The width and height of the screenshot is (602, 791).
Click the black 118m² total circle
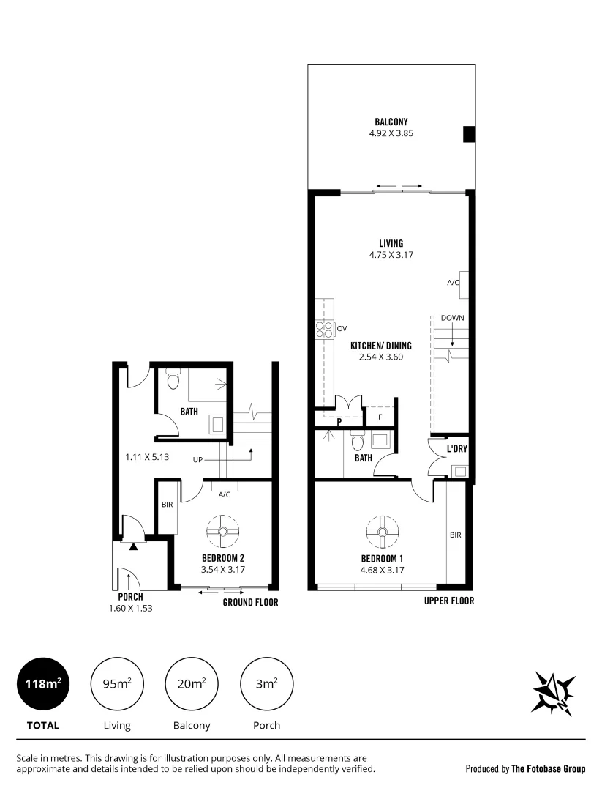pyautogui.click(x=42, y=684)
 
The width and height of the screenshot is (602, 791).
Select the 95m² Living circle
pyautogui.click(x=116, y=684)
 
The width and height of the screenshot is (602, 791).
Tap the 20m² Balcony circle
pyautogui.click(x=191, y=684)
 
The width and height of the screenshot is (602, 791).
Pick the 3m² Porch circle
pyautogui.click(x=266, y=684)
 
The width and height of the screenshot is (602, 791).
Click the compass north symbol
pyautogui.click(x=553, y=691)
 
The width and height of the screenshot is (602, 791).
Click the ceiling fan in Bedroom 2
pyautogui.click(x=222, y=532)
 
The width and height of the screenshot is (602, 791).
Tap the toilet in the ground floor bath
pyautogui.click(x=173, y=380)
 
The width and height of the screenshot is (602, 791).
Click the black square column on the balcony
pyautogui.click(x=469, y=135)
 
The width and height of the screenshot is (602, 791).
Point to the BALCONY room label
pyautogui.click(x=391, y=122)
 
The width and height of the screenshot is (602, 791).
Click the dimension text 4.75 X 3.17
pyautogui.click(x=391, y=255)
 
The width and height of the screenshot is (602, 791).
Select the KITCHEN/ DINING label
pyautogui.click(x=380, y=346)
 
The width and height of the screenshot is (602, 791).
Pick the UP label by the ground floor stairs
pyautogui.click(x=197, y=460)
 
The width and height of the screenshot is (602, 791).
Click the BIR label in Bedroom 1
pyautogui.click(x=455, y=535)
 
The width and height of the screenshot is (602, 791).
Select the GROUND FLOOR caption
pyautogui.click(x=250, y=603)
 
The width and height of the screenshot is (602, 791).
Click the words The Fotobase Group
pyautogui.click(x=548, y=769)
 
